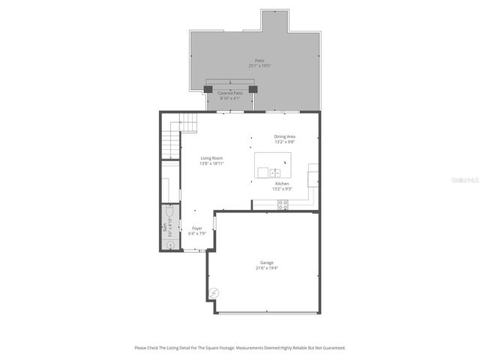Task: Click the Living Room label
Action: pos(211,158)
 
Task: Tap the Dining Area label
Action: pos(284,136)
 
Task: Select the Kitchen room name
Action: pos(282,184)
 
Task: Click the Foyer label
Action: pos(196,228)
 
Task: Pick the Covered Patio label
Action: pos(230,93)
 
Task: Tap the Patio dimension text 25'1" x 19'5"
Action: pos(259,66)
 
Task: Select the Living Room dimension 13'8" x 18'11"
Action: pos(211,163)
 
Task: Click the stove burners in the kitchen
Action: pos(283,205)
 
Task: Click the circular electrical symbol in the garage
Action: pos(214,292)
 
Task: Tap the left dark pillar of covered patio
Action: pos(210,89)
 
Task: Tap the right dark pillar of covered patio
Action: pos(253,89)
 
